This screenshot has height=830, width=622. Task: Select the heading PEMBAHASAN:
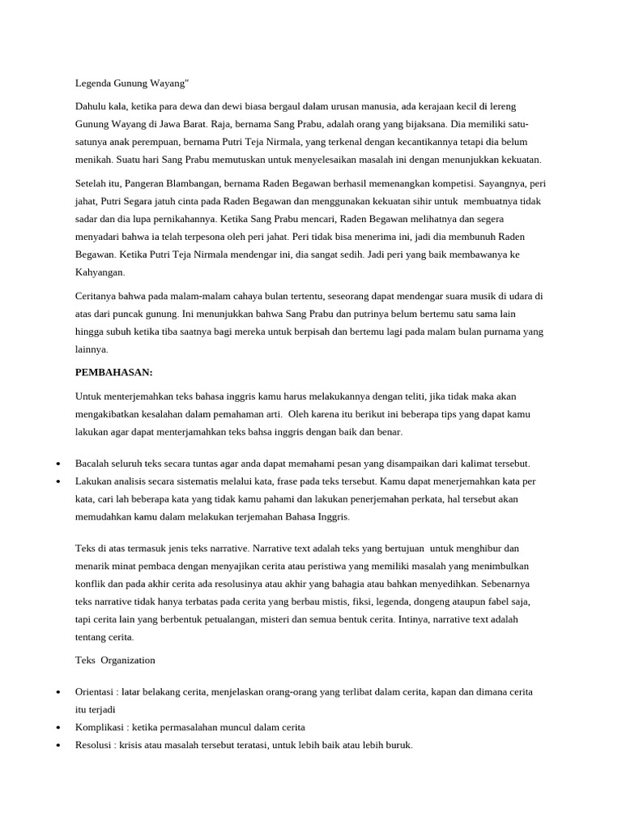click(x=114, y=372)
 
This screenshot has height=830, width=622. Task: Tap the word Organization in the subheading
click(x=128, y=637)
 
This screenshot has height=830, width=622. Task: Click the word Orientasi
click(x=96, y=692)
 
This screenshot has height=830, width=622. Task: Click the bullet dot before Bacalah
click(x=58, y=464)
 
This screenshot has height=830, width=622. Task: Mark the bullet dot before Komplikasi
click(x=58, y=728)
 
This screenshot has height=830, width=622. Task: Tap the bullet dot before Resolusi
click(x=58, y=746)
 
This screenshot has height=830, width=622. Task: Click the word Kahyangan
click(x=100, y=272)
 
